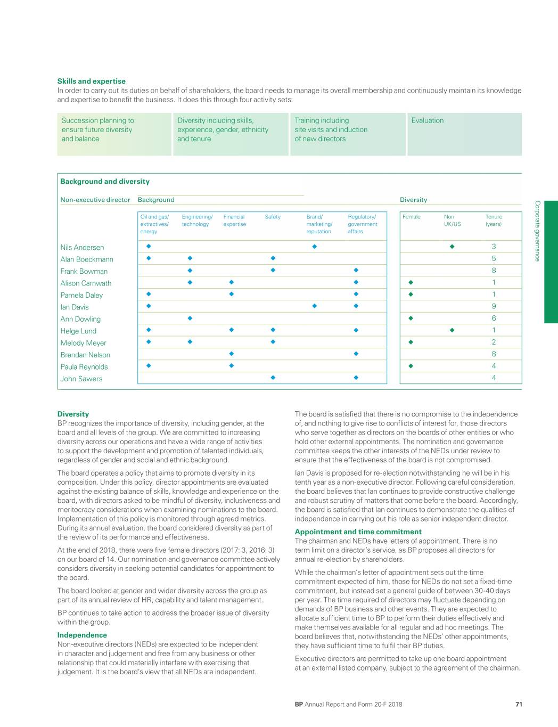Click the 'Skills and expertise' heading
click(x=91, y=81)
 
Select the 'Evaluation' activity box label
click(x=427, y=120)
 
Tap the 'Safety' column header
click(x=273, y=217)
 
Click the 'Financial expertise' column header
click(x=234, y=220)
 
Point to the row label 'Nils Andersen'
click(x=82, y=247)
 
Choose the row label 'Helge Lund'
click(x=78, y=331)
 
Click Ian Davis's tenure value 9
click(x=494, y=306)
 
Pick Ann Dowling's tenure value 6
click(x=494, y=318)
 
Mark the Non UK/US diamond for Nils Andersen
click(x=452, y=247)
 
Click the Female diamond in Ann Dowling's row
click(x=411, y=318)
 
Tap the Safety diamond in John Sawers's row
click(x=273, y=378)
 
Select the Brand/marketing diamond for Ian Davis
click(x=315, y=306)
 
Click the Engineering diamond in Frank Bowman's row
click(x=190, y=271)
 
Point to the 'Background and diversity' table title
click(x=105, y=182)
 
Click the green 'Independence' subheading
click(x=82, y=635)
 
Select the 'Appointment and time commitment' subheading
click(x=358, y=532)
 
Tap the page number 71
click(x=519, y=704)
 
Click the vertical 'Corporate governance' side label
click(x=537, y=231)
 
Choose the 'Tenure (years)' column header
click(x=494, y=220)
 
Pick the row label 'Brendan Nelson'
click(x=85, y=355)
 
